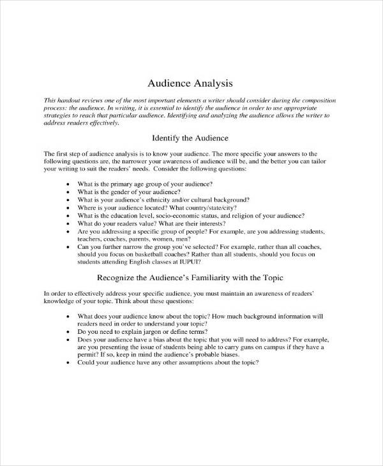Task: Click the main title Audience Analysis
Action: click(191, 83)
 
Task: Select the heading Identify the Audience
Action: click(191, 137)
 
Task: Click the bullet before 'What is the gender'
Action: click(68, 192)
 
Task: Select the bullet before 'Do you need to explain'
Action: click(68, 332)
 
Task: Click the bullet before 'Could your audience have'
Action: click(68, 363)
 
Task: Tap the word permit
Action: click(86, 355)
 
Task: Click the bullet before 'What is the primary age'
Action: click(68, 184)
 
